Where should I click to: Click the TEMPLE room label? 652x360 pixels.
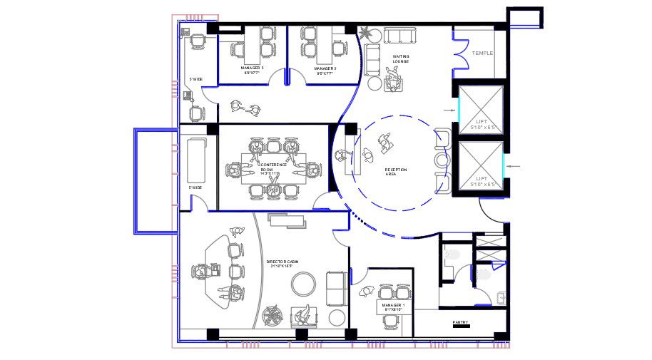point(482,53)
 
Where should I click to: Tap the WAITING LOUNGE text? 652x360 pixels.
point(400,58)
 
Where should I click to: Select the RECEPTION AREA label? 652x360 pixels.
point(396,171)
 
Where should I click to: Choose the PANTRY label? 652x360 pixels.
point(460,322)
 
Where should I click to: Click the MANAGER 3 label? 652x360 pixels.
point(252,70)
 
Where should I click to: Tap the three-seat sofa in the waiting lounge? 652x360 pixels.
point(400,36)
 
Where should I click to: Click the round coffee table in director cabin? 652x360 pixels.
point(303,284)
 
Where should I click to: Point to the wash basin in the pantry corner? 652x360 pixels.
point(501,298)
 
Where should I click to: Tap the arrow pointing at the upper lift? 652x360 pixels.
point(448,110)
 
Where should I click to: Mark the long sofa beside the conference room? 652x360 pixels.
point(195,161)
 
